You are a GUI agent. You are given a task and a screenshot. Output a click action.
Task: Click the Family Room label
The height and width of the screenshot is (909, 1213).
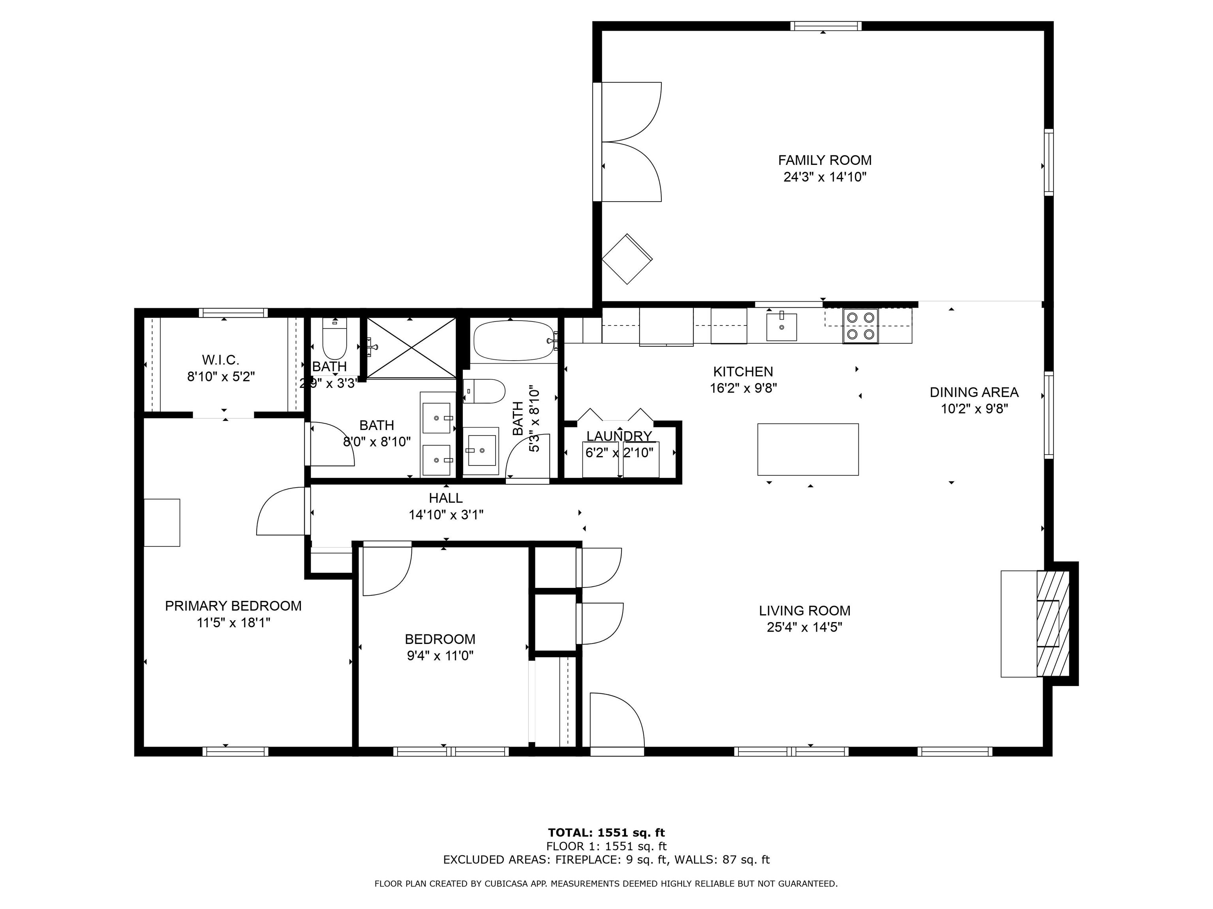[x=825, y=161]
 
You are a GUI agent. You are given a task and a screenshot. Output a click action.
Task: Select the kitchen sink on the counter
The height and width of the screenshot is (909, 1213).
[x=781, y=327]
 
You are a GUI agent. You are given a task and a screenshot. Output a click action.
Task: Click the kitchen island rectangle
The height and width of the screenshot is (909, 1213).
[x=808, y=449]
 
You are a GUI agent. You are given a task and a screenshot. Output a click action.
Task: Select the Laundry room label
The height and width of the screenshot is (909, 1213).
[x=619, y=436]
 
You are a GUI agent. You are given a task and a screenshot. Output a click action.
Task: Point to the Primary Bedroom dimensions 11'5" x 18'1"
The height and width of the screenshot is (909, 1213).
[x=234, y=623]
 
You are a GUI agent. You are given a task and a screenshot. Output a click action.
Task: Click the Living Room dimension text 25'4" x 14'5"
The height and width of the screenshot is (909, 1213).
[x=804, y=627]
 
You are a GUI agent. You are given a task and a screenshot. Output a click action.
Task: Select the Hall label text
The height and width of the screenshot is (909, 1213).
[x=446, y=498]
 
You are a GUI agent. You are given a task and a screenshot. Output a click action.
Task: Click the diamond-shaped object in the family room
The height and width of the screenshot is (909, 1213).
[x=627, y=259]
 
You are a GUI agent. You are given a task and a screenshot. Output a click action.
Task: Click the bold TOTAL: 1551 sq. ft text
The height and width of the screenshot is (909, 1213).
[x=606, y=833]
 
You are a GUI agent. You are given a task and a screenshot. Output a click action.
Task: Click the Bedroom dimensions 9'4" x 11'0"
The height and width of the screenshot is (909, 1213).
[x=440, y=656]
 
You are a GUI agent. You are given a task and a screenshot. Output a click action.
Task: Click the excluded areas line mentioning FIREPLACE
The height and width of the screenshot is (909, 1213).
[x=606, y=860]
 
